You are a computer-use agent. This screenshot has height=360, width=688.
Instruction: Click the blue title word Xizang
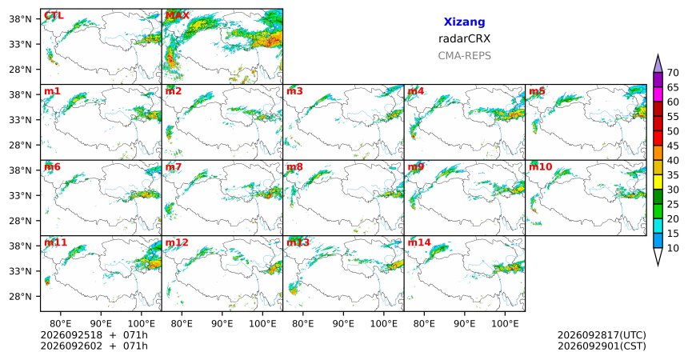click(464, 22)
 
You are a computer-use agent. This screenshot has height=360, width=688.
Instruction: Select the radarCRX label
click(464, 38)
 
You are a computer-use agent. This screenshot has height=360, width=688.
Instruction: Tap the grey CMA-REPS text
click(464, 56)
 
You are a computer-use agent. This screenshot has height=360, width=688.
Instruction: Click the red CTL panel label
click(54, 16)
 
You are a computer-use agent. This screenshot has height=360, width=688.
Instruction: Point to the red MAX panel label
click(178, 16)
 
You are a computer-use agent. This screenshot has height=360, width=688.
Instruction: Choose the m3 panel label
click(294, 91)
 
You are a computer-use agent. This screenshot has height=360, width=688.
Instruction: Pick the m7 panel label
click(174, 167)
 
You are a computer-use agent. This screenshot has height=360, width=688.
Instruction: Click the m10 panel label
click(541, 167)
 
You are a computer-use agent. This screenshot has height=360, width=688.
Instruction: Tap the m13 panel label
click(298, 242)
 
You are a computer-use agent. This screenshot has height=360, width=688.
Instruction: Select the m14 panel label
click(419, 242)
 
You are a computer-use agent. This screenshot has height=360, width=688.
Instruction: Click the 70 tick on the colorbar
click(673, 73)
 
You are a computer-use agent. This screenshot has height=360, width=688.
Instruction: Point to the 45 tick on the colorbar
click(673, 146)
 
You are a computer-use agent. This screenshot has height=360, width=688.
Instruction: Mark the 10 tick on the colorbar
click(673, 248)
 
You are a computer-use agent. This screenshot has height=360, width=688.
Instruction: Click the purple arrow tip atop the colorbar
click(658, 55)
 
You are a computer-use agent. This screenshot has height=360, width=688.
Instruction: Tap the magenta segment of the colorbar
click(658, 94)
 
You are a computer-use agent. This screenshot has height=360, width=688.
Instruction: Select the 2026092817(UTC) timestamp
click(602, 335)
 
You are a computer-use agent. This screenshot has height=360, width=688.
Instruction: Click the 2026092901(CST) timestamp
click(602, 346)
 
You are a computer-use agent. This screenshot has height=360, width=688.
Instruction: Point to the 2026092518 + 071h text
click(94, 335)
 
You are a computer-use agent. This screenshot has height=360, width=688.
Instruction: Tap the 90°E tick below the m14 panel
click(464, 324)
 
